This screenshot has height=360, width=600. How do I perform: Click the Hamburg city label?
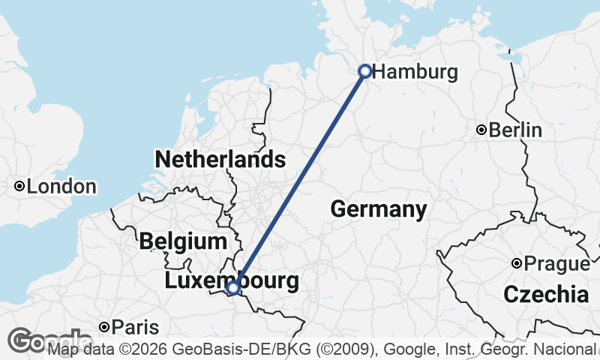tap(415, 73)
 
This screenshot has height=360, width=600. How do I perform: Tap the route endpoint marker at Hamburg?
tap(364, 71)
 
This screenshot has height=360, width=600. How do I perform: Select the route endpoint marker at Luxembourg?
tap(233, 287)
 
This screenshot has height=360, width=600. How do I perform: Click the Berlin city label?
tap(515, 130)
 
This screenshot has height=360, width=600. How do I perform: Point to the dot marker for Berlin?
tap(481, 130)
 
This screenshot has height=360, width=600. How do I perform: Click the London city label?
tap(61, 187)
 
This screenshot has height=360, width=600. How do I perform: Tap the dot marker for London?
tap(19, 186)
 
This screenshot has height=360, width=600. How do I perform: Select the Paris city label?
tap(135, 327)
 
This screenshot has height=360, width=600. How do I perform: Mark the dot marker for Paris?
tap(104, 327)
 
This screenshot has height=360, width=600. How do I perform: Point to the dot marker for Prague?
tap(517, 263)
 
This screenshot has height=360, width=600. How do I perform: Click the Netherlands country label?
tap(220, 160)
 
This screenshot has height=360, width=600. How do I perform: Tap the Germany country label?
tap(379, 209)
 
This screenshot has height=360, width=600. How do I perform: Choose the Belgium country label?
tap(183, 241)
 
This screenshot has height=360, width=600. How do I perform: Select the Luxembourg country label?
tap(232, 281)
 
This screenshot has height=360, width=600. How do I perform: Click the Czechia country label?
tap(545, 294)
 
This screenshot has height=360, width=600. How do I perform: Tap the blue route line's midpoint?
tap(299, 179)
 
